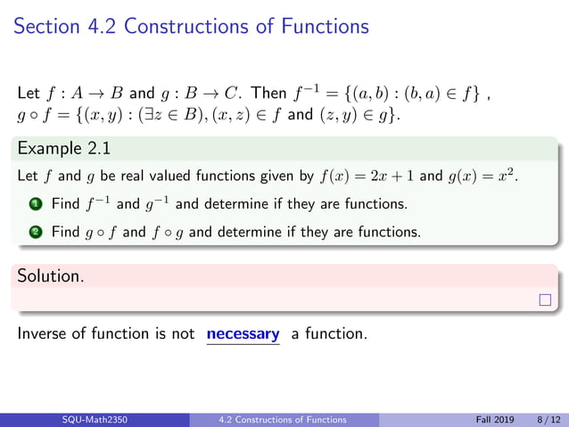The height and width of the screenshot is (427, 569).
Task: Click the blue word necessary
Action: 243,334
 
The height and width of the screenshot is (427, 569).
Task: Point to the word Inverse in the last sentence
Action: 41,335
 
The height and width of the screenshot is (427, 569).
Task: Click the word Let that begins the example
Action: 26,177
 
